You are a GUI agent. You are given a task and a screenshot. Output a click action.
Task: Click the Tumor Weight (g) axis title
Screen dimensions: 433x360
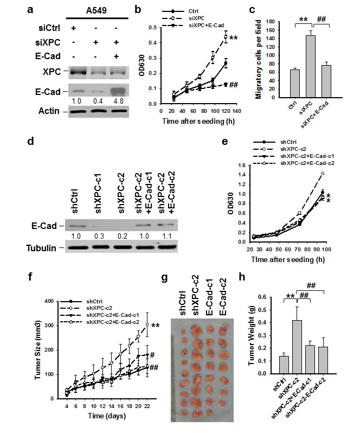point(237,336)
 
